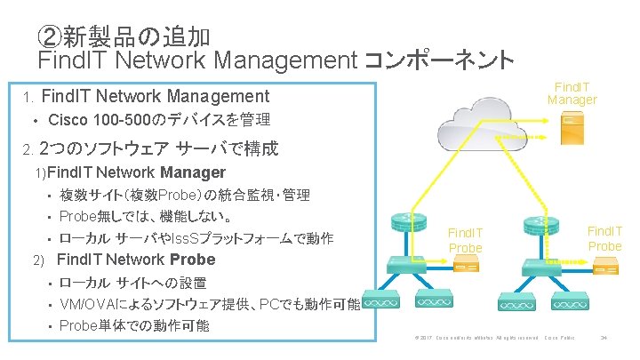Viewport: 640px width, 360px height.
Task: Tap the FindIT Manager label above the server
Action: (572, 92)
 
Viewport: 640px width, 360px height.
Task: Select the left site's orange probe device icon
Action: (465, 265)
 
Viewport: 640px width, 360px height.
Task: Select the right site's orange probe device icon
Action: (605, 265)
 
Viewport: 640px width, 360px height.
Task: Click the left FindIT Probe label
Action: (465, 239)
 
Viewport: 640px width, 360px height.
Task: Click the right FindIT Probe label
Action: (605, 237)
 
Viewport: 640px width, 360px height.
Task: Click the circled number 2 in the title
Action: (51, 36)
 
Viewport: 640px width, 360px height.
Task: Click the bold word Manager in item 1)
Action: (193, 172)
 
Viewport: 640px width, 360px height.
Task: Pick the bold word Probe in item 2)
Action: (192, 260)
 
